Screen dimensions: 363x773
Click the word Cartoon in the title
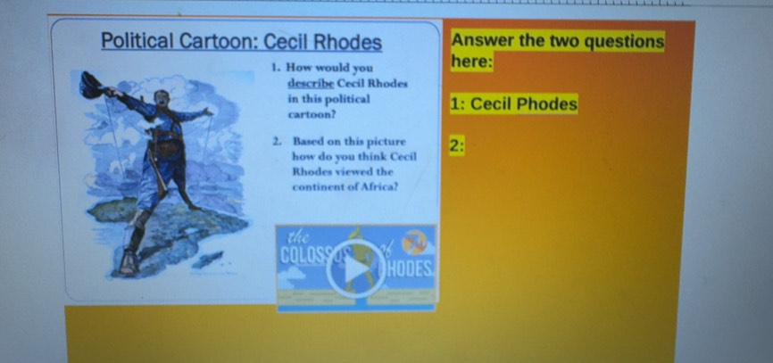[220, 42]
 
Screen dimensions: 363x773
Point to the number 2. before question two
[278, 141]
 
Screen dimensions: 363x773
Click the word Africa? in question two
[379, 186]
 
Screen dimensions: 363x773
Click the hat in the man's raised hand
[90, 83]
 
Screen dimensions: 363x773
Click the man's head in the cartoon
[159, 99]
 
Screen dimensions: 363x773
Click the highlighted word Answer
[482, 42]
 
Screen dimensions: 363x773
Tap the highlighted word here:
[472, 62]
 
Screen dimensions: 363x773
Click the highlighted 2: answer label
[456, 145]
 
